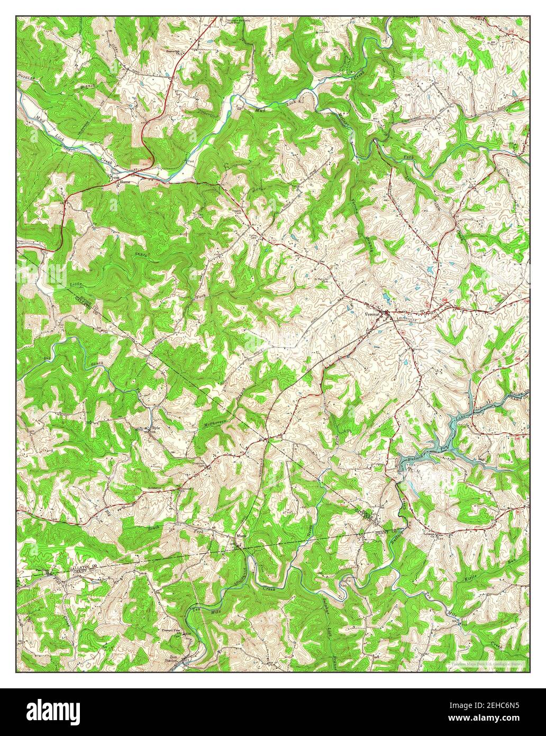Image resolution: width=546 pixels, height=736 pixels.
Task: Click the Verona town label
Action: click(372, 313)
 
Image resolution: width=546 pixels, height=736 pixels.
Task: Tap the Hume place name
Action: click(125, 182)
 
